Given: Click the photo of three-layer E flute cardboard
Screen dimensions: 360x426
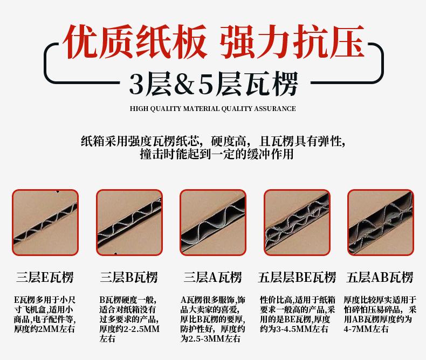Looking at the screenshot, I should [x=45, y=223].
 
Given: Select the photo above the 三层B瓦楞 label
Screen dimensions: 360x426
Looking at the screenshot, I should [x=129, y=223].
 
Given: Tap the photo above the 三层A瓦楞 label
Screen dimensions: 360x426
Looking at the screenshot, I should [x=213, y=223].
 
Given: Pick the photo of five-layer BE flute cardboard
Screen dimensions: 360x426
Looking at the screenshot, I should [x=297, y=223].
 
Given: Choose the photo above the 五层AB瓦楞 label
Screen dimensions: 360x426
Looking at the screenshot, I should [x=380, y=223].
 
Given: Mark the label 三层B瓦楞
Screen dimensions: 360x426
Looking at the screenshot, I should [x=129, y=278].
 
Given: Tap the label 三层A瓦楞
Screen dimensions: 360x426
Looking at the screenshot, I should [x=212, y=278].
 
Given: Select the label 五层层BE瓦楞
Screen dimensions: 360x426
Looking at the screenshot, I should [x=297, y=278].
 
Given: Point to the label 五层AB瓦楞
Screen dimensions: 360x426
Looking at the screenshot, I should [x=380, y=278].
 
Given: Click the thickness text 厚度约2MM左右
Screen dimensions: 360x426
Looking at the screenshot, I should [x=44, y=329].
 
